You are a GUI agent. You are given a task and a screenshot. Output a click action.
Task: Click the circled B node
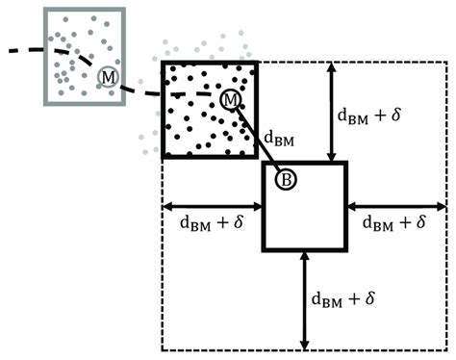click(286, 178)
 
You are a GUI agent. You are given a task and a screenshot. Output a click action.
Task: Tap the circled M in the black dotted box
click(231, 99)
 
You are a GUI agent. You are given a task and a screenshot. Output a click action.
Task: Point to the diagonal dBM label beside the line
click(279, 141)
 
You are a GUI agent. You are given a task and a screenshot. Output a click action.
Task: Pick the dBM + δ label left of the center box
click(212, 221)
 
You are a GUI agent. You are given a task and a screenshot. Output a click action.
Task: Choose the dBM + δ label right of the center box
click(395, 221)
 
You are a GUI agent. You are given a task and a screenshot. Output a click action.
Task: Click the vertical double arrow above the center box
click(330, 112)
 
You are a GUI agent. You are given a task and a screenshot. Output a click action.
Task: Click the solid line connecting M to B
click(258, 139)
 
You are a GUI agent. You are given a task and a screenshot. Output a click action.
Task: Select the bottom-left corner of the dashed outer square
click(162, 350)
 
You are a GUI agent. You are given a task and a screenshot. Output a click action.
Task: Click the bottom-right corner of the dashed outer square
click(447, 350)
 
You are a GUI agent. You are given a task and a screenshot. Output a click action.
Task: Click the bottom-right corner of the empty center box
click(343, 250)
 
